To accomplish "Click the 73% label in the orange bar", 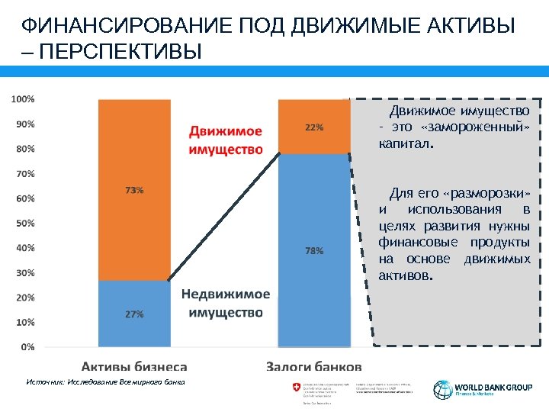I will [134, 191].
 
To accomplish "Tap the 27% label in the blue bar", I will [134, 314].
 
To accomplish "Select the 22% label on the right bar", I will [314, 127].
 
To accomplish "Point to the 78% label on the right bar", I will [314, 250].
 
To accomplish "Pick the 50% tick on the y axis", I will [24, 223].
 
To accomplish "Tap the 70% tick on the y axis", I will [24, 173].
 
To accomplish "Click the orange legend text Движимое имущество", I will [225, 140].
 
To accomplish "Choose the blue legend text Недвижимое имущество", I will [225, 303].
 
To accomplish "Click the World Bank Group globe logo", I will [443, 389].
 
